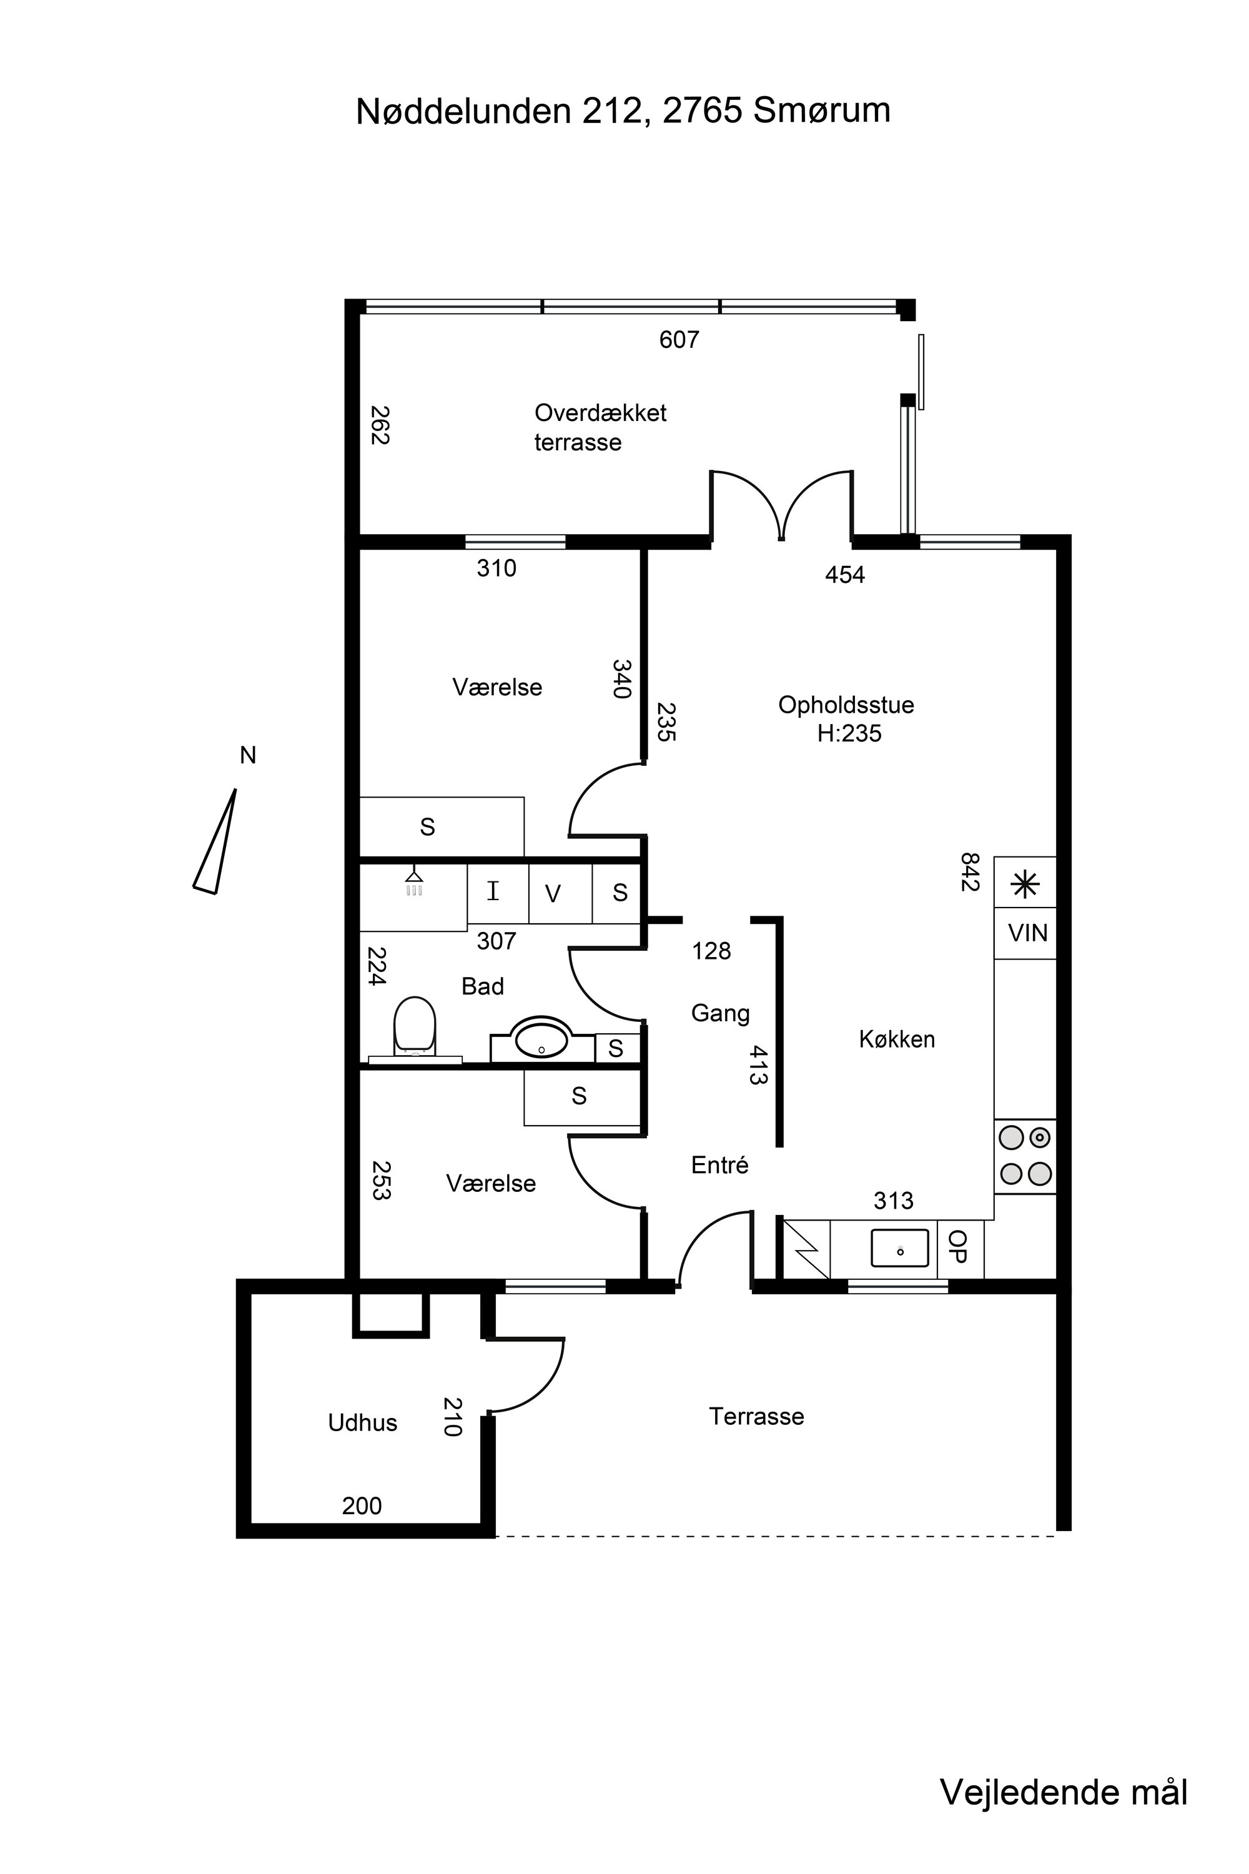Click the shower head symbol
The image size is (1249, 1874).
[x=413, y=882]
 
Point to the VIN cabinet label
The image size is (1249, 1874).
[x=1027, y=933]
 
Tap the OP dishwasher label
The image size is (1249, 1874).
[x=958, y=1247]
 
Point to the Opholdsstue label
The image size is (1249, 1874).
[x=846, y=705]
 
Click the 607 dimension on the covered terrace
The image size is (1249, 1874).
[x=679, y=340]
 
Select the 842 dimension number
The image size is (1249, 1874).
[x=969, y=873]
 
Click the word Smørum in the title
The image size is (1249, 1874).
[x=822, y=111]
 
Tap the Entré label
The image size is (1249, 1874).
[x=720, y=1165]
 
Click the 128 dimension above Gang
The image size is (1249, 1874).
[x=711, y=951]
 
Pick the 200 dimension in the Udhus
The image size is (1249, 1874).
[x=362, y=1506]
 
